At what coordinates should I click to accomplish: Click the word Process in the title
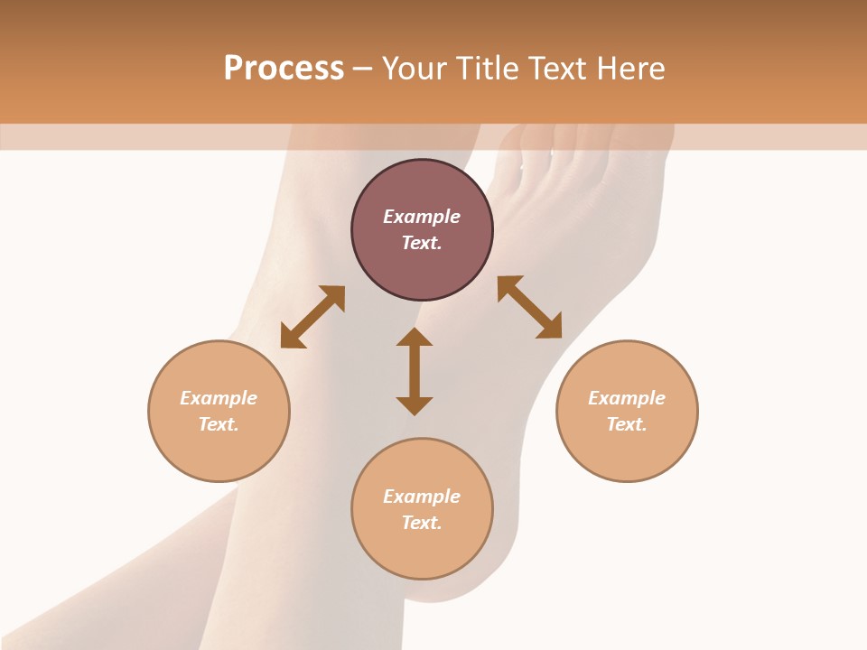pyautogui.click(x=284, y=69)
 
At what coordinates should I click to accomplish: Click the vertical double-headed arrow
pyautogui.click(x=415, y=372)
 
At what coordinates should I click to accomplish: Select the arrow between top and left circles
pyautogui.click(x=312, y=317)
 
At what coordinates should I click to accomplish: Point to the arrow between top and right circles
pyautogui.click(x=529, y=307)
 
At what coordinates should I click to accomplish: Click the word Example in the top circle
pyautogui.click(x=422, y=217)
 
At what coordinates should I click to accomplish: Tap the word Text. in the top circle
pyautogui.click(x=422, y=243)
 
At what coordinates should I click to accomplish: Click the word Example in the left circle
pyautogui.click(x=219, y=398)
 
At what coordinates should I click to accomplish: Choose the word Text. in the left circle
pyautogui.click(x=219, y=424)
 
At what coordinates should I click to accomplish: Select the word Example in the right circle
pyautogui.click(x=627, y=398)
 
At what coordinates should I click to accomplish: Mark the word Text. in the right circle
pyautogui.click(x=627, y=424)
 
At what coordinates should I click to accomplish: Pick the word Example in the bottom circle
pyautogui.click(x=422, y=497)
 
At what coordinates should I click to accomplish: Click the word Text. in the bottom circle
pyautogui.click(x=422, y=523)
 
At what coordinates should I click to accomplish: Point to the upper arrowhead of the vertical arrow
pyautogui.click(x=415, y=337)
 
